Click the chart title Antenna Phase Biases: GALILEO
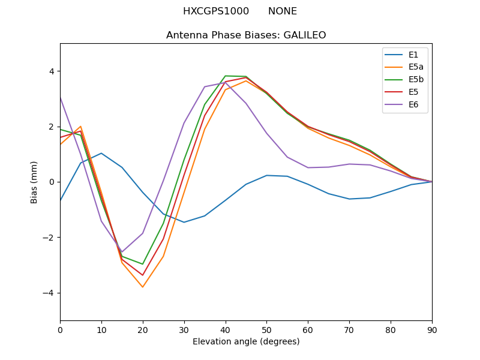coord(246,35)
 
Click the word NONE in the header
coord(282,11)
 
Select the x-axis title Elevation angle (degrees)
coord(246,341)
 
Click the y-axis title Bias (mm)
coord(35,182)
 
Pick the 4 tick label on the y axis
coord(51,71)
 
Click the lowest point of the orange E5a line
coord(143,287)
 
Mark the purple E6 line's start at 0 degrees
coord(61,97)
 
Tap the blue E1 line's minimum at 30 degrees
coord(184,222)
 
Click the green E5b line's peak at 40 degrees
coord(225,76)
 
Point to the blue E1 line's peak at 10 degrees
coord(101,153)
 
